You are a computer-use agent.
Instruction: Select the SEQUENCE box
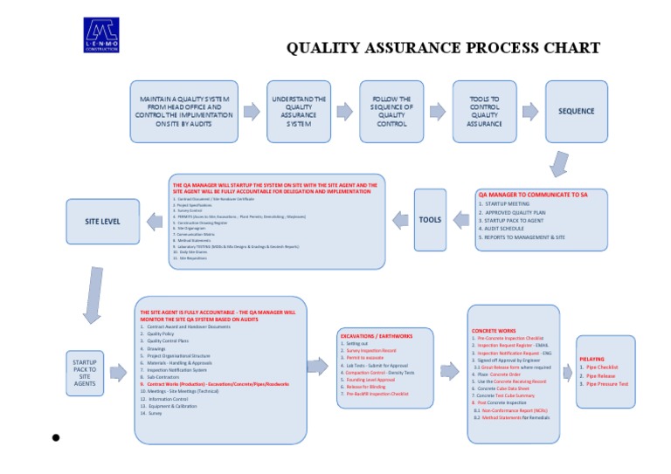coord(576,111)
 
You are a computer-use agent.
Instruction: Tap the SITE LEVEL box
coord(102,221)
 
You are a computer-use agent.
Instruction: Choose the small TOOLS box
coord(430,220)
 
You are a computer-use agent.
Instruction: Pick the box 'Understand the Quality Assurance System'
coord(299,111)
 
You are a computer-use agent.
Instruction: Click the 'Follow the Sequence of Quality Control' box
coord(391,111)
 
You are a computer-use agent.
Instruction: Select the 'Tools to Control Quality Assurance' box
coord(484,111)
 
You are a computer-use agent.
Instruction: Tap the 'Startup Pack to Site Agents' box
coord(85,372)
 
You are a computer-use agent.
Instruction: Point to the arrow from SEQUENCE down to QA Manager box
coord(559,163)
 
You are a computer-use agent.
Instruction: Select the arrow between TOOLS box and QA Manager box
coord(460,221)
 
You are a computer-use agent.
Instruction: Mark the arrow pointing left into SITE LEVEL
coord(154,222)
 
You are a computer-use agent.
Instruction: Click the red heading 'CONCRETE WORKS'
coord(494,331)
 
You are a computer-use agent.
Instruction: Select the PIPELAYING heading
coord(592,359)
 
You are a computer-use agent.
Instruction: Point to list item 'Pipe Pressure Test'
coord(606,383)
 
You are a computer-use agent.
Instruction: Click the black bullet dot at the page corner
coord(55,437)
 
